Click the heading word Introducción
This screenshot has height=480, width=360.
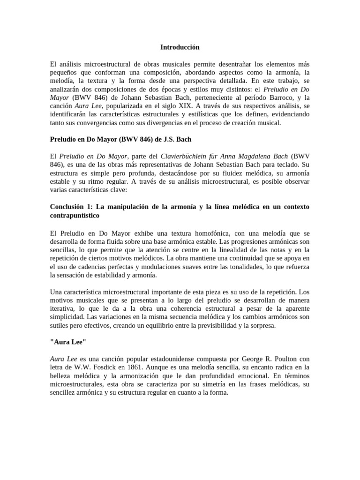(x=180, y=47)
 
